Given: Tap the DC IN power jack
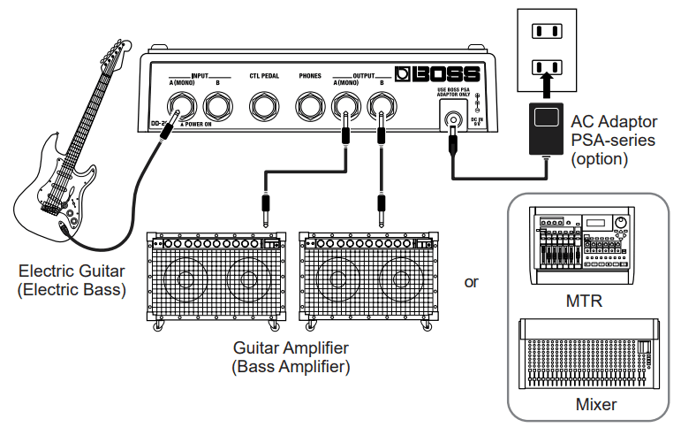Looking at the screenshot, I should [454, 118].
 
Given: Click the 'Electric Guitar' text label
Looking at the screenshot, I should [72, 271].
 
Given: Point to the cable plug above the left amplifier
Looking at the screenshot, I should [265, 210].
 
